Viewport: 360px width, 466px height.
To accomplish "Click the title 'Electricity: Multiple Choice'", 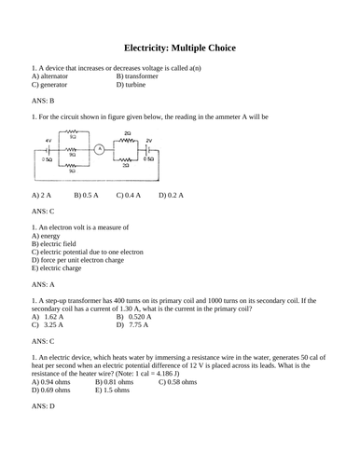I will [x=180, y=47].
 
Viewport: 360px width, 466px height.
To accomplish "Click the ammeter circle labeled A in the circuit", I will [x=98, y=147].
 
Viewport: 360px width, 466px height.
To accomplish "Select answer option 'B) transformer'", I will [x=138, y=75].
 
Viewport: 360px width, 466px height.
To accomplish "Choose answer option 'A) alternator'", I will [x=52, y=75].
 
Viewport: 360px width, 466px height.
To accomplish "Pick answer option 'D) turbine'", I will [x=133, y=84].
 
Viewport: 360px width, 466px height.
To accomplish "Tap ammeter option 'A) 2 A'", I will [x=41, y=195].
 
